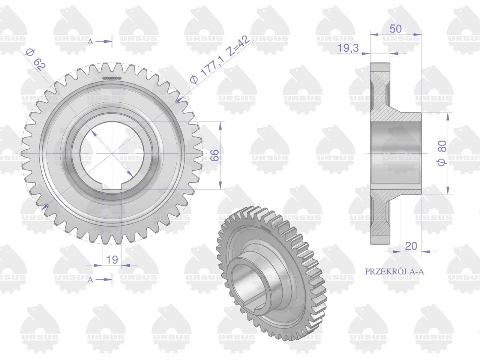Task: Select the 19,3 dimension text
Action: [x=348, y=48]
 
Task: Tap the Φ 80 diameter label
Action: [x=442, y=153]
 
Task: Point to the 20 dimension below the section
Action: [x=411, y=246]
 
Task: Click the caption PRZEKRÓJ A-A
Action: [x=394, y=271]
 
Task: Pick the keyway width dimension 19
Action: [x=112, y=259]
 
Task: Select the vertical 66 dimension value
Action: [x=214, y=155]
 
